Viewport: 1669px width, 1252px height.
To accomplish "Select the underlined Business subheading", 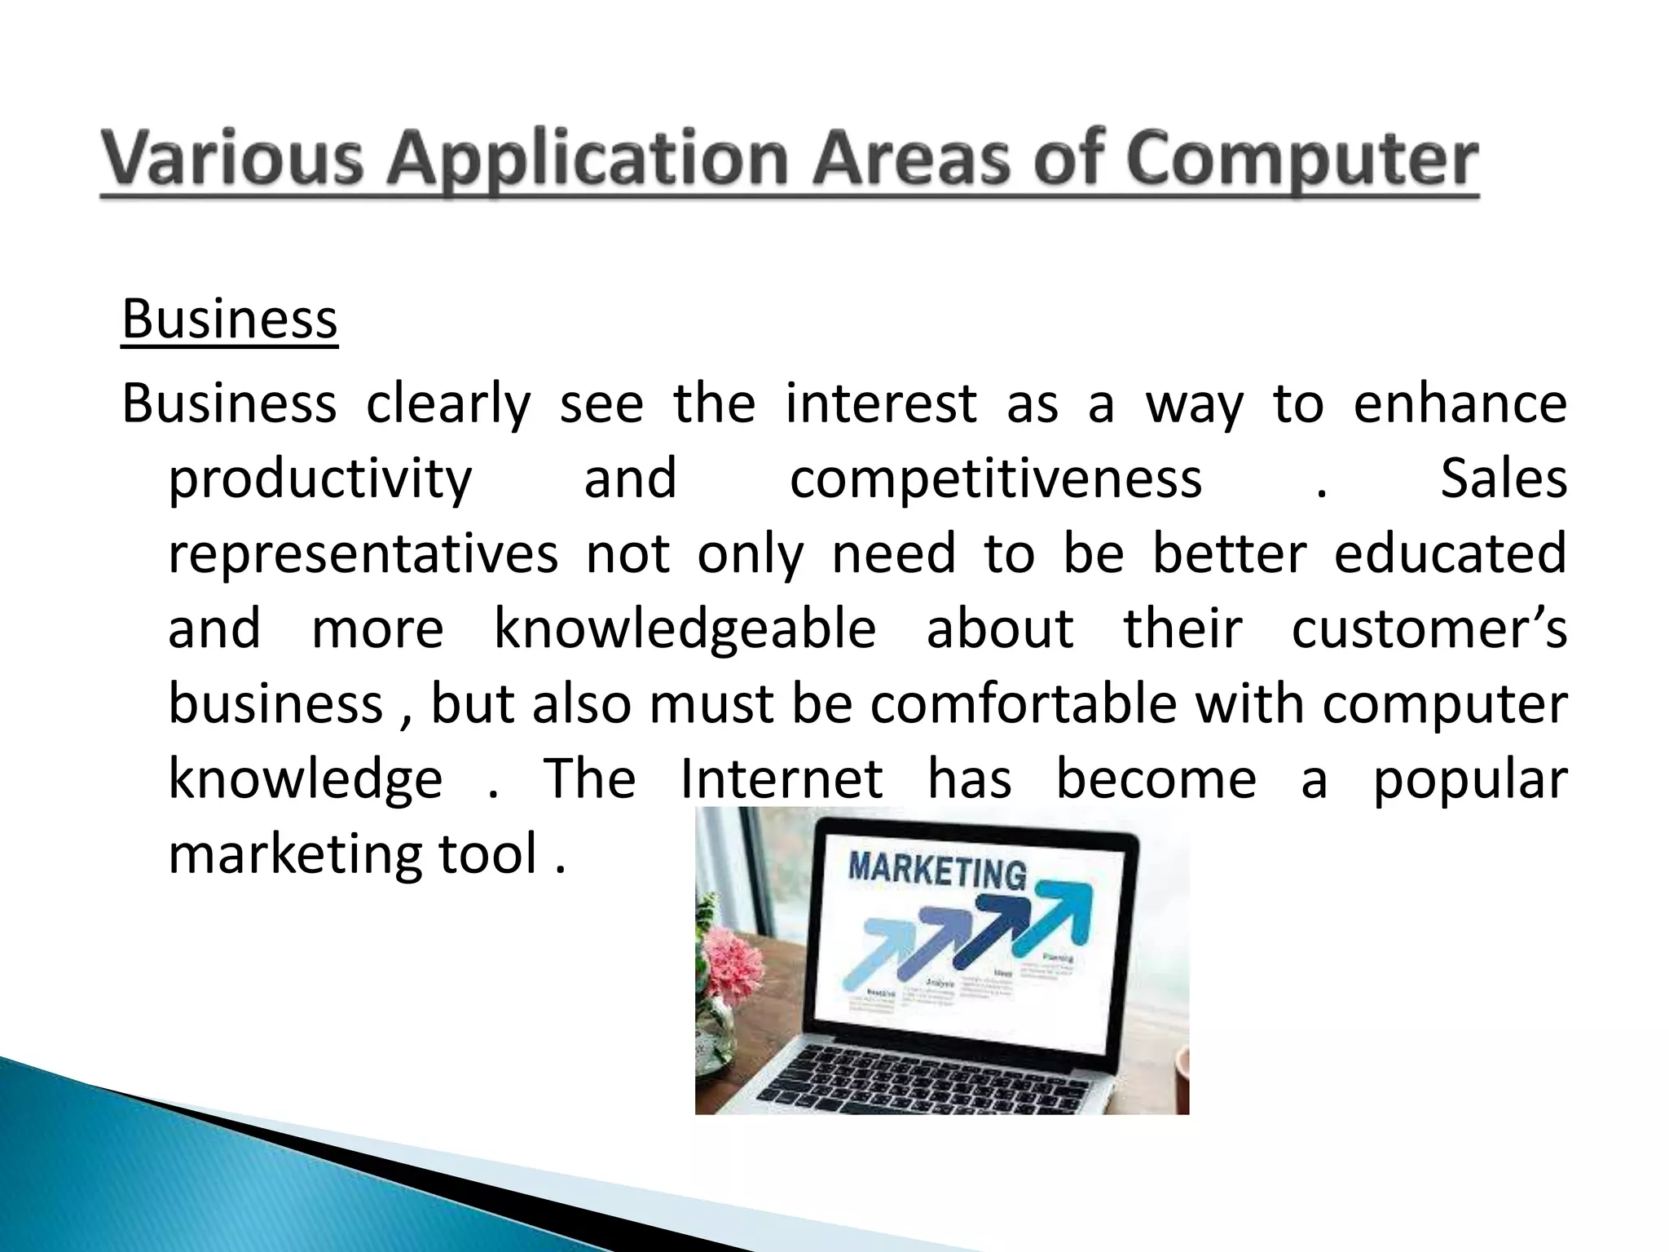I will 229,319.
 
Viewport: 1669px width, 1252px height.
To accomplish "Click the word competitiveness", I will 996,478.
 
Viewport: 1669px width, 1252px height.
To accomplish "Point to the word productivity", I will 320,480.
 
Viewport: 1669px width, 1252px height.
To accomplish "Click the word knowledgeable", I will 685,629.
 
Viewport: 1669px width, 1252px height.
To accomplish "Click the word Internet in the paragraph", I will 782,778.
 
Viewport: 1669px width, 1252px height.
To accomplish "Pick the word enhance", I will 1460,403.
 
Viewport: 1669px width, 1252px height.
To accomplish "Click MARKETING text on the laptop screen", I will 937,871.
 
